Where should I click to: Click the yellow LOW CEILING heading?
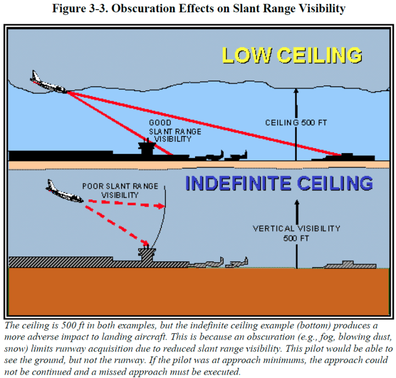292,55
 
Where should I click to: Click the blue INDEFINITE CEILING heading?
279,183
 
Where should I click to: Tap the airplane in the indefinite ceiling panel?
63,193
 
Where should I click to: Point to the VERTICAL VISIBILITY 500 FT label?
296,232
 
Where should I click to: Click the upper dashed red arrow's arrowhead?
161,206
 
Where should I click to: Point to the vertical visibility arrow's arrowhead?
296,203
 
